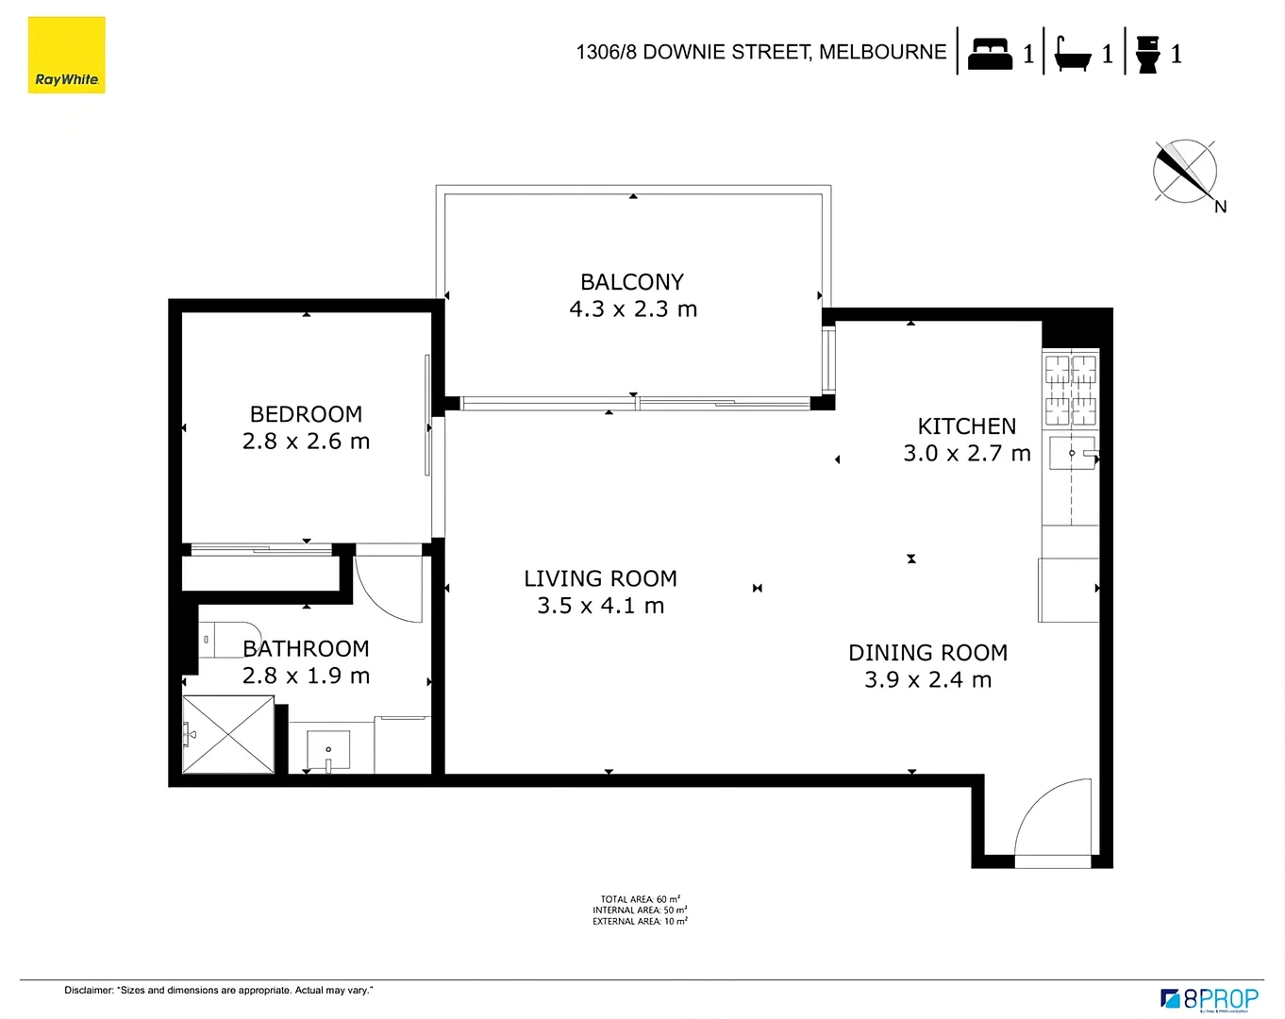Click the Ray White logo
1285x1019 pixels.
[x=66, y=55]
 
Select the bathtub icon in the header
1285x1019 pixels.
[x=1073, y=54]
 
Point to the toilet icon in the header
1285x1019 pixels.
[x=1147, y=54]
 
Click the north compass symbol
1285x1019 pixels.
[x=1185, y=172]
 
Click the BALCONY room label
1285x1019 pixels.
[x=632, y=282]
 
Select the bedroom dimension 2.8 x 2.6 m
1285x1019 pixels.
[x=306, y=442]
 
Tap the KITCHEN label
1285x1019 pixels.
[x=967, y=426]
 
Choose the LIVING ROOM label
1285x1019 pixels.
[x=600, y=578]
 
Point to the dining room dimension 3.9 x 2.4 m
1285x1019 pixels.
[x=927, y=680]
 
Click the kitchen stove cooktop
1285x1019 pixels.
[x=1070, y=390]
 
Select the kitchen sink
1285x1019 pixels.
[x=1073, y=454]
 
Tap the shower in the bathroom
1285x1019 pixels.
[x=228, y=734]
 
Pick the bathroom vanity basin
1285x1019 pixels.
[x=328, y=751]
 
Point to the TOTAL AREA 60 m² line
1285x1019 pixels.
[x=640, y=899]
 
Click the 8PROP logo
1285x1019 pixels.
[x=1210, y=999]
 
